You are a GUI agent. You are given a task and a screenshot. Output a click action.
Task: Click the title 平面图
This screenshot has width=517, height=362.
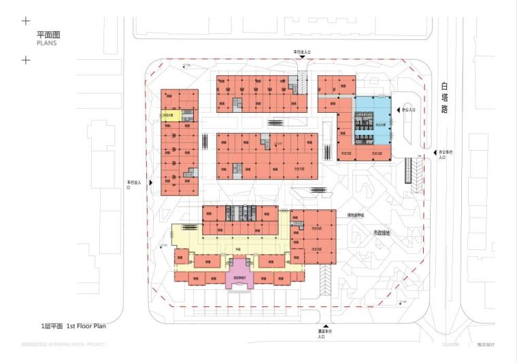49,33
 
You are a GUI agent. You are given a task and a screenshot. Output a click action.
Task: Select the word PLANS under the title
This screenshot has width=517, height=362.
47,42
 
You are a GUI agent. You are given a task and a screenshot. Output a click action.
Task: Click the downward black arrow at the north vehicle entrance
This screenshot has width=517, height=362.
302,57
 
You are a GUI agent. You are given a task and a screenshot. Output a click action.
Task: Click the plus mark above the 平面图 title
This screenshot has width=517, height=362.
26,21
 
